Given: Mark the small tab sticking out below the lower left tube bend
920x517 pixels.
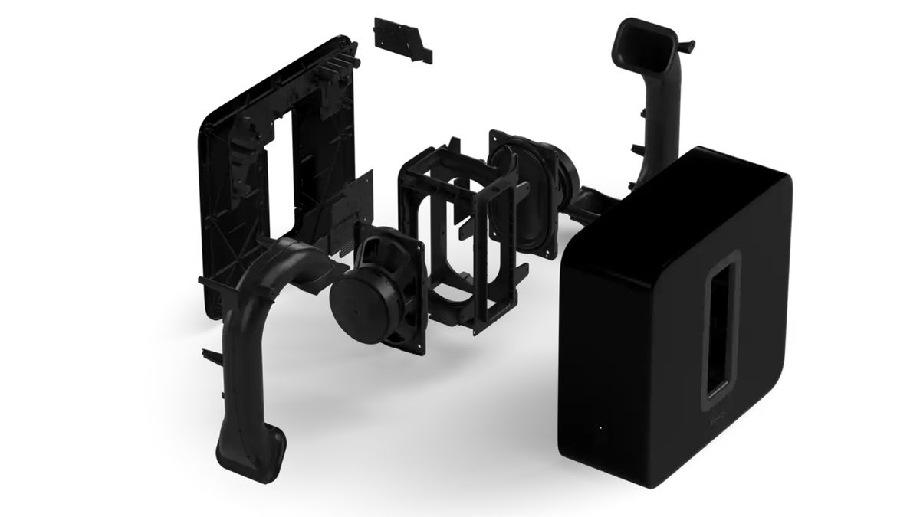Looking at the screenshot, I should point(209,355).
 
